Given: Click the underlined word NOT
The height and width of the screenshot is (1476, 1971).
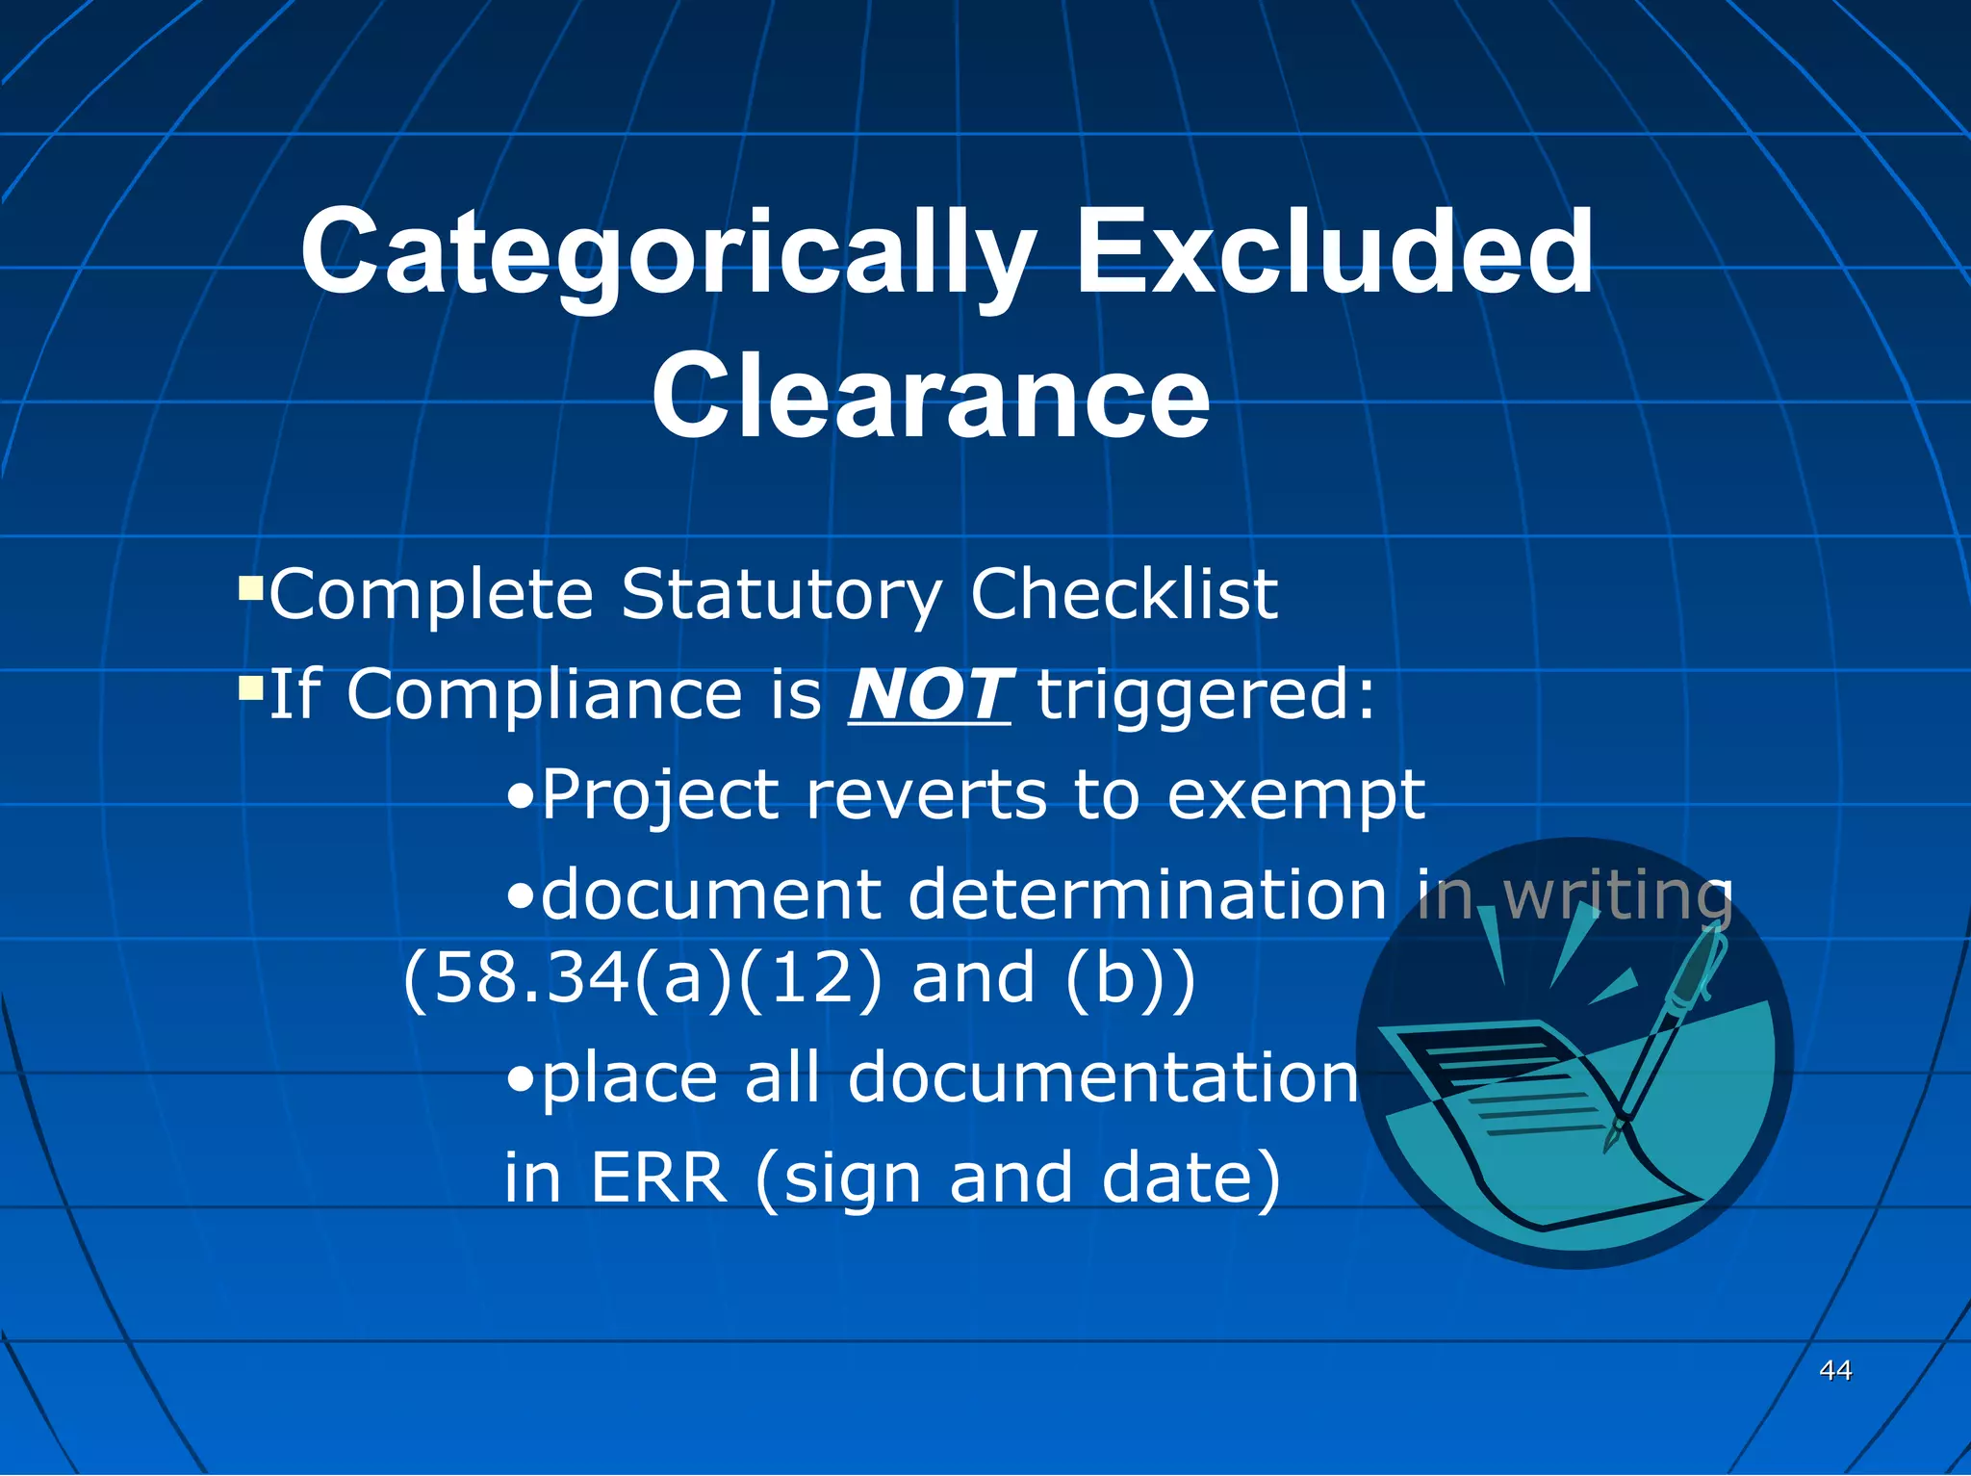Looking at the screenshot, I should click(x=929, y=695).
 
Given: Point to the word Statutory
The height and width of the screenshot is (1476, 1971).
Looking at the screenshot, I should click(x=781, y=595).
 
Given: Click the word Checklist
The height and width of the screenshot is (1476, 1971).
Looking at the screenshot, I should click(x=1123, y=595).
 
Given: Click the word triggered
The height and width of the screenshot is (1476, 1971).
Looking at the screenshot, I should click(x=1207, y=695).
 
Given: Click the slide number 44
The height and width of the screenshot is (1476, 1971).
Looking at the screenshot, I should click(x=1835, y=1369).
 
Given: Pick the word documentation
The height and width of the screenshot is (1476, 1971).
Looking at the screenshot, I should click(x=1103, y=1078).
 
